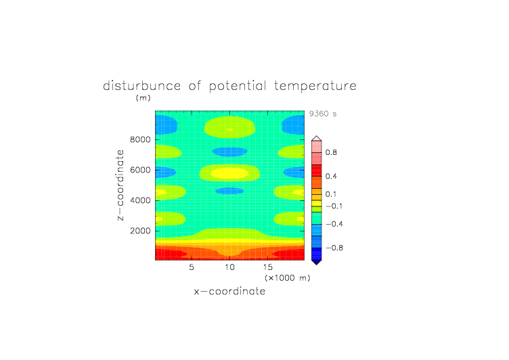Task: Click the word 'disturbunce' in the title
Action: tap(142, 86)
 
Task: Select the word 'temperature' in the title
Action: tap(315, 86)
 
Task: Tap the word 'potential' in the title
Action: tap(238, 86)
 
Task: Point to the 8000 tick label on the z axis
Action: tap(140, 139)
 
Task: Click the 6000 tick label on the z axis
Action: tap(140, 170)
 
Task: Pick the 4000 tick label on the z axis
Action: tap(140, 200)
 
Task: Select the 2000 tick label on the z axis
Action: tap(140, 231)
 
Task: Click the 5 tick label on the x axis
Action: tap(192, 267)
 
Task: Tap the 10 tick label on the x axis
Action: tap(230, 267)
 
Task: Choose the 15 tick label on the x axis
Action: tap(268, 267)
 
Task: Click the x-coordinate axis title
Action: tap(230, 291)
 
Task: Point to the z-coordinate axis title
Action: tap(120, 185)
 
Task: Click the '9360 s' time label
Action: tap(323, 114)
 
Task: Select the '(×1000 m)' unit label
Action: tap(288, 278)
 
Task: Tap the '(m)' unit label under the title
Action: tap(143, 97)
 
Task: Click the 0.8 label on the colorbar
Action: tap(331, 152)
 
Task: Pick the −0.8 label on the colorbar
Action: tap(334, 248)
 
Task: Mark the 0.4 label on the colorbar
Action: tap(331, 176)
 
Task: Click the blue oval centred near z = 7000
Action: tap(230, 152)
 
